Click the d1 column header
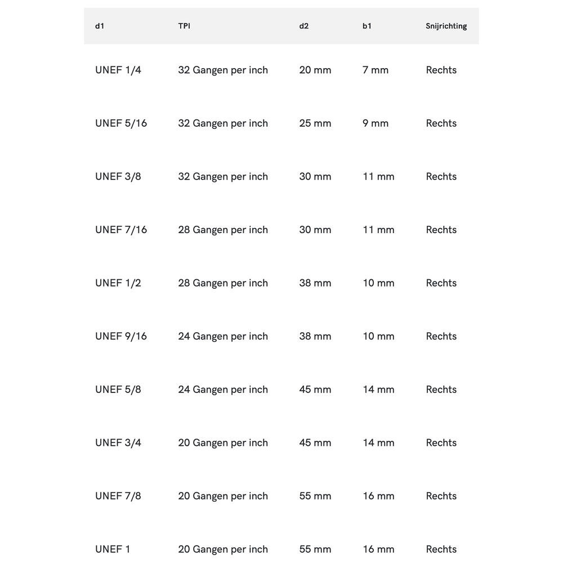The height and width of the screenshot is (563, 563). click(100, 26)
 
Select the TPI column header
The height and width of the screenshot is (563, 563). click(184, 26)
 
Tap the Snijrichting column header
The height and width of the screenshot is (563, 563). click(446, 26)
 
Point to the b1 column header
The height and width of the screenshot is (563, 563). click(367, 26)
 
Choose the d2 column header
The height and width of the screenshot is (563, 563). click(304, 26)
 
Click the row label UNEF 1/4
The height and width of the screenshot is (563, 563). click(118, 70)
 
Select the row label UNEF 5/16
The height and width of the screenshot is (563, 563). click(121, 123)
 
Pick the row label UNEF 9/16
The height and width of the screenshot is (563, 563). click(121, 336)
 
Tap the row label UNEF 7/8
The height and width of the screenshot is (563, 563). click(118, 496)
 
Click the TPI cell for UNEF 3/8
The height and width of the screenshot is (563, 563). click(223, 177)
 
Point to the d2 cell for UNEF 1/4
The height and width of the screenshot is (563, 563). click(315, 70)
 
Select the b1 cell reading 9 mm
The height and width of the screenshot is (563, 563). click(376, 123)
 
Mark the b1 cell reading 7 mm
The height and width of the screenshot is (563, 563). click(376, 70)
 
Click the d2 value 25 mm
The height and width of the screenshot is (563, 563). click(315, 123)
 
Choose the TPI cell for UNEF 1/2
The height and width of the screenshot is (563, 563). click(223, 283)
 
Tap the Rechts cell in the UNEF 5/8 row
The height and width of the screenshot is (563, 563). click(441, 390)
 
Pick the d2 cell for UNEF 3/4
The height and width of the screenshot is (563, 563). click(315, 443)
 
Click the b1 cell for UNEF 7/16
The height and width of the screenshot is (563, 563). click(378, 230)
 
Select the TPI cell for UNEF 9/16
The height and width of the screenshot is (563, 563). click(223, 336)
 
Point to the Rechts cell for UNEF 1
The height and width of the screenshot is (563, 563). click(441, 549)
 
